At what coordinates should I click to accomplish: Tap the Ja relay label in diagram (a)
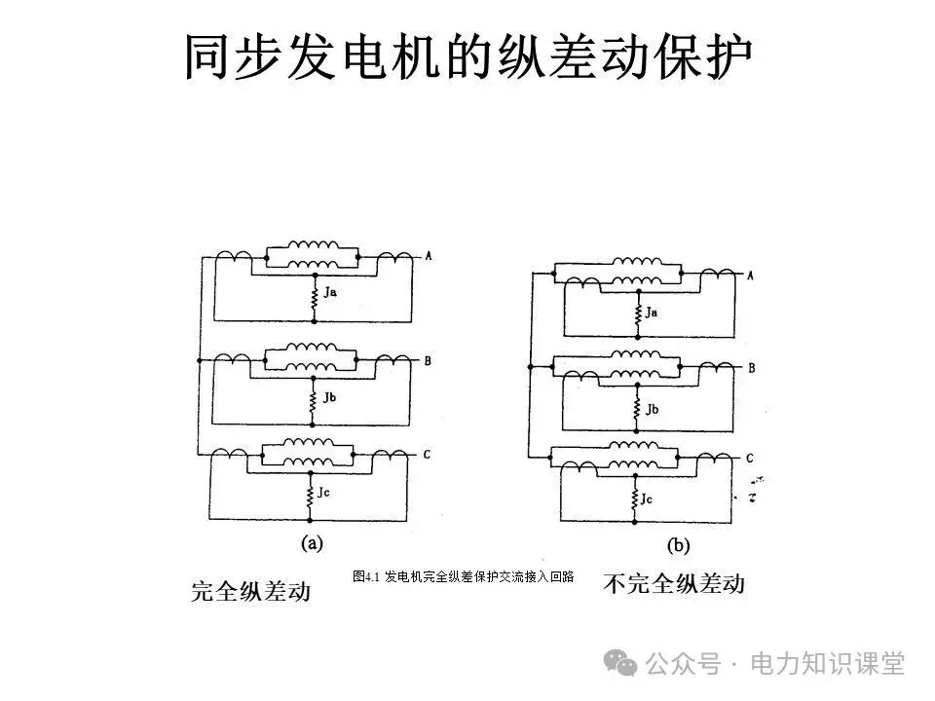(330, 292)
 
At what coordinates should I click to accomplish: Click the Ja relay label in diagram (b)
(651, 313)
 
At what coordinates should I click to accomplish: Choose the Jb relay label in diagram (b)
(651, 409)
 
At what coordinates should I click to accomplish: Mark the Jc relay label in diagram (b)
(647, 498)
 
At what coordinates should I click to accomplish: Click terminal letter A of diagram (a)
(428, 256)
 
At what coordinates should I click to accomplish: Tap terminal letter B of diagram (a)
(428, 360)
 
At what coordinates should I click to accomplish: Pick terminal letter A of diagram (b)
(750, 276)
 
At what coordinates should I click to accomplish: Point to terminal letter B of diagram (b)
(751, 368)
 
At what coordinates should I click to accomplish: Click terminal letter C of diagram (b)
(750, 458)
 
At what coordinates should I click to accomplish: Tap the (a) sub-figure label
(312, 543)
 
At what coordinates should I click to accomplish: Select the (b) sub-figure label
(678, 546)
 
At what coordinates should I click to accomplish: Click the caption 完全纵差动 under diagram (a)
(250, 590)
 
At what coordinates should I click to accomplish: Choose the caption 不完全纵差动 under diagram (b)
(673, 584)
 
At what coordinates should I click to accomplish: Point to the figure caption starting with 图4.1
(463, 576)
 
